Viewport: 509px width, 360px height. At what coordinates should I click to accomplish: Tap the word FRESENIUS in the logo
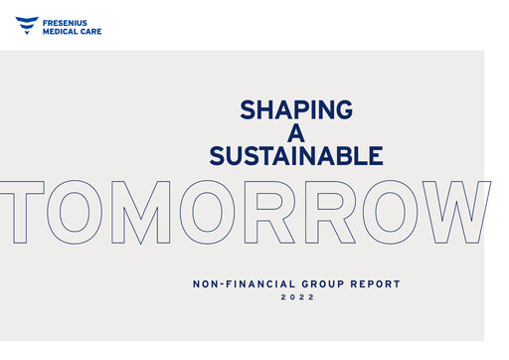69,20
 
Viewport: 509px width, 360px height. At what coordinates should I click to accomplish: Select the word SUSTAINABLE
295,156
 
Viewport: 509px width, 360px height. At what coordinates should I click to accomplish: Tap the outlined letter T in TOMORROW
21,213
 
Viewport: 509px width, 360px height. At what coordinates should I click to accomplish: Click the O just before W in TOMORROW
387,213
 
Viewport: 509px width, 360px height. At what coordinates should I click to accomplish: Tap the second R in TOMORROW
322,213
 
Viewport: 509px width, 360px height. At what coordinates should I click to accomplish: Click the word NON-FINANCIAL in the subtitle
236,284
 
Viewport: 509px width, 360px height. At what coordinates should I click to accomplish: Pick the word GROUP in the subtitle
310,284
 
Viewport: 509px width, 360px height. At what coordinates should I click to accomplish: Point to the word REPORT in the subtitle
371,284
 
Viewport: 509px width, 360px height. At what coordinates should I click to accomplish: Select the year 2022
295,297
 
